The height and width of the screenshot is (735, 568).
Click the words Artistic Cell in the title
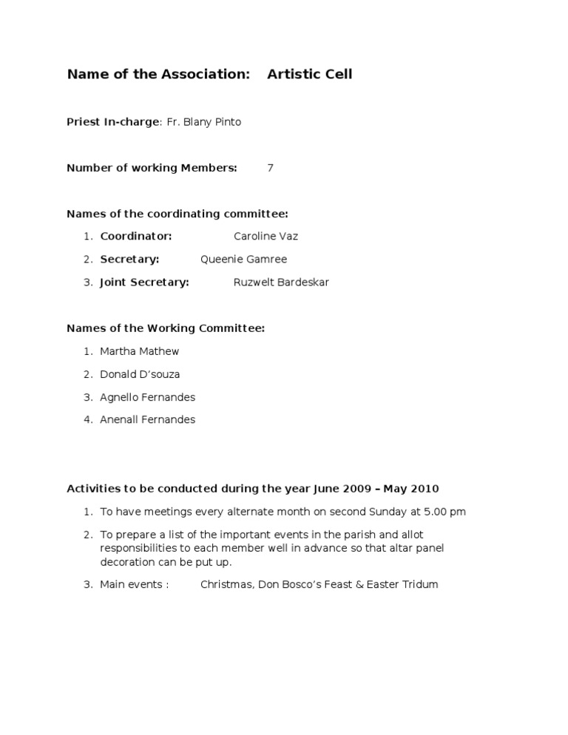pos(309,74)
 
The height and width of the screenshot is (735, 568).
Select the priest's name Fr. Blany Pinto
pos(203,122)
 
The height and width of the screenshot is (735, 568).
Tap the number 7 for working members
pos(270,168)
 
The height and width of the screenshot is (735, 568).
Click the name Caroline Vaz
pos(266,237)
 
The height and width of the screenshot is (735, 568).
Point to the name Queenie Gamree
pos(243,260)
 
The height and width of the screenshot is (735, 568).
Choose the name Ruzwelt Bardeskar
pos(281,282)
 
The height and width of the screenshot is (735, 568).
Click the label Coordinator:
pos(136,237)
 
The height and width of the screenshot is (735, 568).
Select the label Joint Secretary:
pos(144,282)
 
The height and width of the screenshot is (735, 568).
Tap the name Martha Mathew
pos(139,351)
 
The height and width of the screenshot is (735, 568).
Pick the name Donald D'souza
pos(140,374)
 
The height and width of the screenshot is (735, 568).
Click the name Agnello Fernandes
pos(147,397)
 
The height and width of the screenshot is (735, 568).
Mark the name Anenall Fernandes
pos(147,420)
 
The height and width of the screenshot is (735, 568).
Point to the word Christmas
pos(226,585)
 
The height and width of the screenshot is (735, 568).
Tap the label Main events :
pos(134,585)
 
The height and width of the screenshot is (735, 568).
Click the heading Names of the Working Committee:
pos(166,328)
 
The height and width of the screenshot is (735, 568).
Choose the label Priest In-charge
pos(112,122)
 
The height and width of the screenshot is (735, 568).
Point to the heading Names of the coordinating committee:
pos(177,214)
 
